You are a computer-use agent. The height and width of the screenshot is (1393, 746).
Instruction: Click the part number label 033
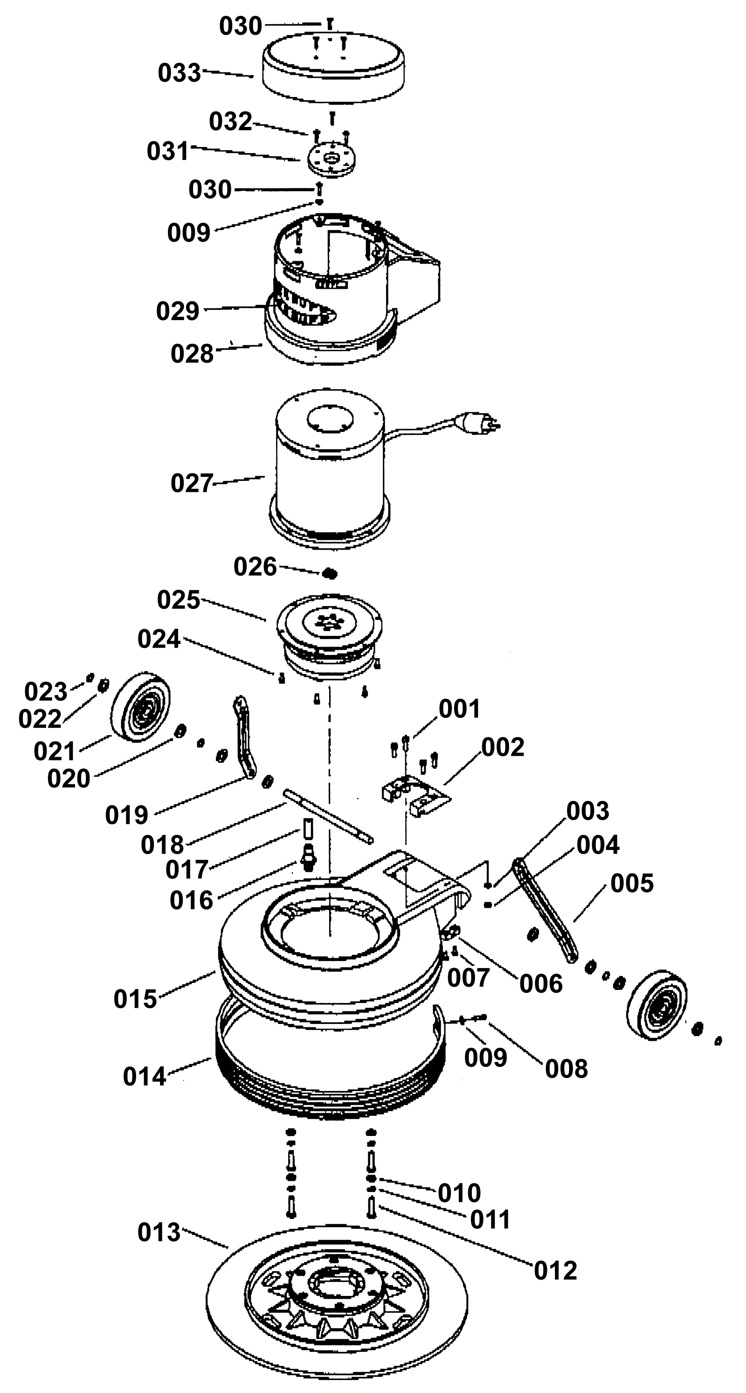point(180,73)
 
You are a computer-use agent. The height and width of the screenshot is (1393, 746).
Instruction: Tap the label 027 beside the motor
point(193,483)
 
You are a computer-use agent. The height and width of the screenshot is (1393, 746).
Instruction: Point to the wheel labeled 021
point(140,709)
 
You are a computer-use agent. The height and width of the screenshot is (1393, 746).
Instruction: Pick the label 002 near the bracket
point(503,747)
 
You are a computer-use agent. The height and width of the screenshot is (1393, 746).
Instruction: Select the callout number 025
point(179,600)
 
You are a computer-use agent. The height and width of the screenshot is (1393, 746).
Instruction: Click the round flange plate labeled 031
point(332,159)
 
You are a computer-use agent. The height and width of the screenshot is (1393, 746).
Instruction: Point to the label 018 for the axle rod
point(162,845)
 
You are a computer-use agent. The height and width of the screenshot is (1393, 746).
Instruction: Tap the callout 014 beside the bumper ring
point(145,1076)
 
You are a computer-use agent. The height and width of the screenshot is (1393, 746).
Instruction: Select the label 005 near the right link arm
point(632,883)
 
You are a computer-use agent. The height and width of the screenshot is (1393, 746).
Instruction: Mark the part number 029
point(178,311)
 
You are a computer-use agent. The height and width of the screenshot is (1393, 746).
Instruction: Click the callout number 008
point(566,1069)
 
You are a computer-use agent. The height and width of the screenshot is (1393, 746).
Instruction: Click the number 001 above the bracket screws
point(460,709)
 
